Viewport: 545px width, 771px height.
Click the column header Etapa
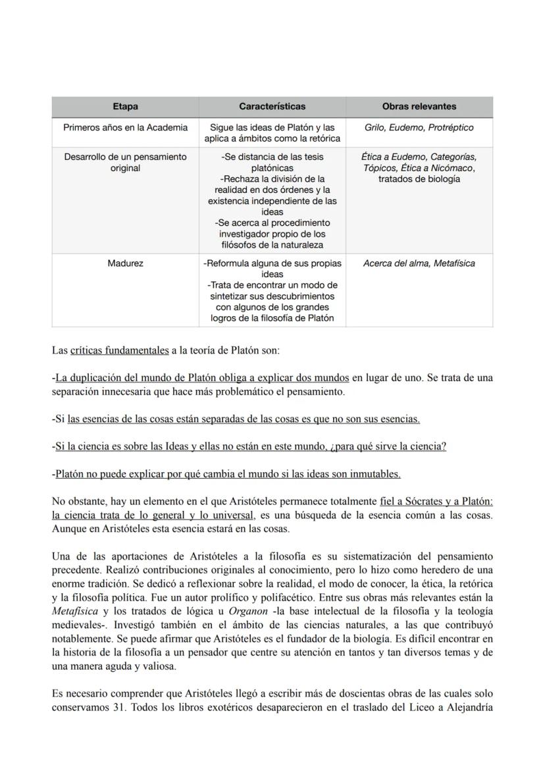point(125,106)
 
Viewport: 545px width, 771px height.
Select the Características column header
point(272,106)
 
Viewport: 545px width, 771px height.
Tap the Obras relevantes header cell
point(419,106)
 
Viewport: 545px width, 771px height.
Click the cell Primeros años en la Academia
point(125,128)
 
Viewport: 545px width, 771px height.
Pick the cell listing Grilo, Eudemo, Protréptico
point(419,128)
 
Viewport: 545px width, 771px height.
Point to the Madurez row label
point(125,263)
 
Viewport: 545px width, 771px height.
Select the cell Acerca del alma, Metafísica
point(419,263)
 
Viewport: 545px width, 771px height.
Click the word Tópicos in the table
point(380,168)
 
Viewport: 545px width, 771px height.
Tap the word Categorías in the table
point(454,157)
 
